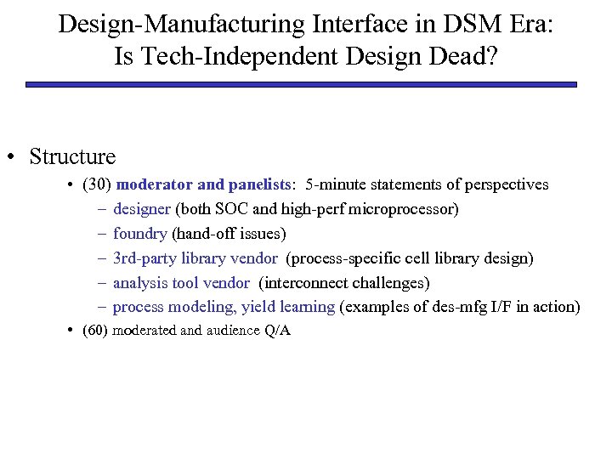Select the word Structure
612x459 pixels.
72,156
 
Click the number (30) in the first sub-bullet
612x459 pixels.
96,184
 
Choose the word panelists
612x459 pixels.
263,184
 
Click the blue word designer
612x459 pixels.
141,209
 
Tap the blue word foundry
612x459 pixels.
140,234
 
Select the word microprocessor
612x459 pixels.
403,209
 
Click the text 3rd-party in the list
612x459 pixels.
144,258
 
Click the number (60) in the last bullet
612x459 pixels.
96,331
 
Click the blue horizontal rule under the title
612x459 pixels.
301,85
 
